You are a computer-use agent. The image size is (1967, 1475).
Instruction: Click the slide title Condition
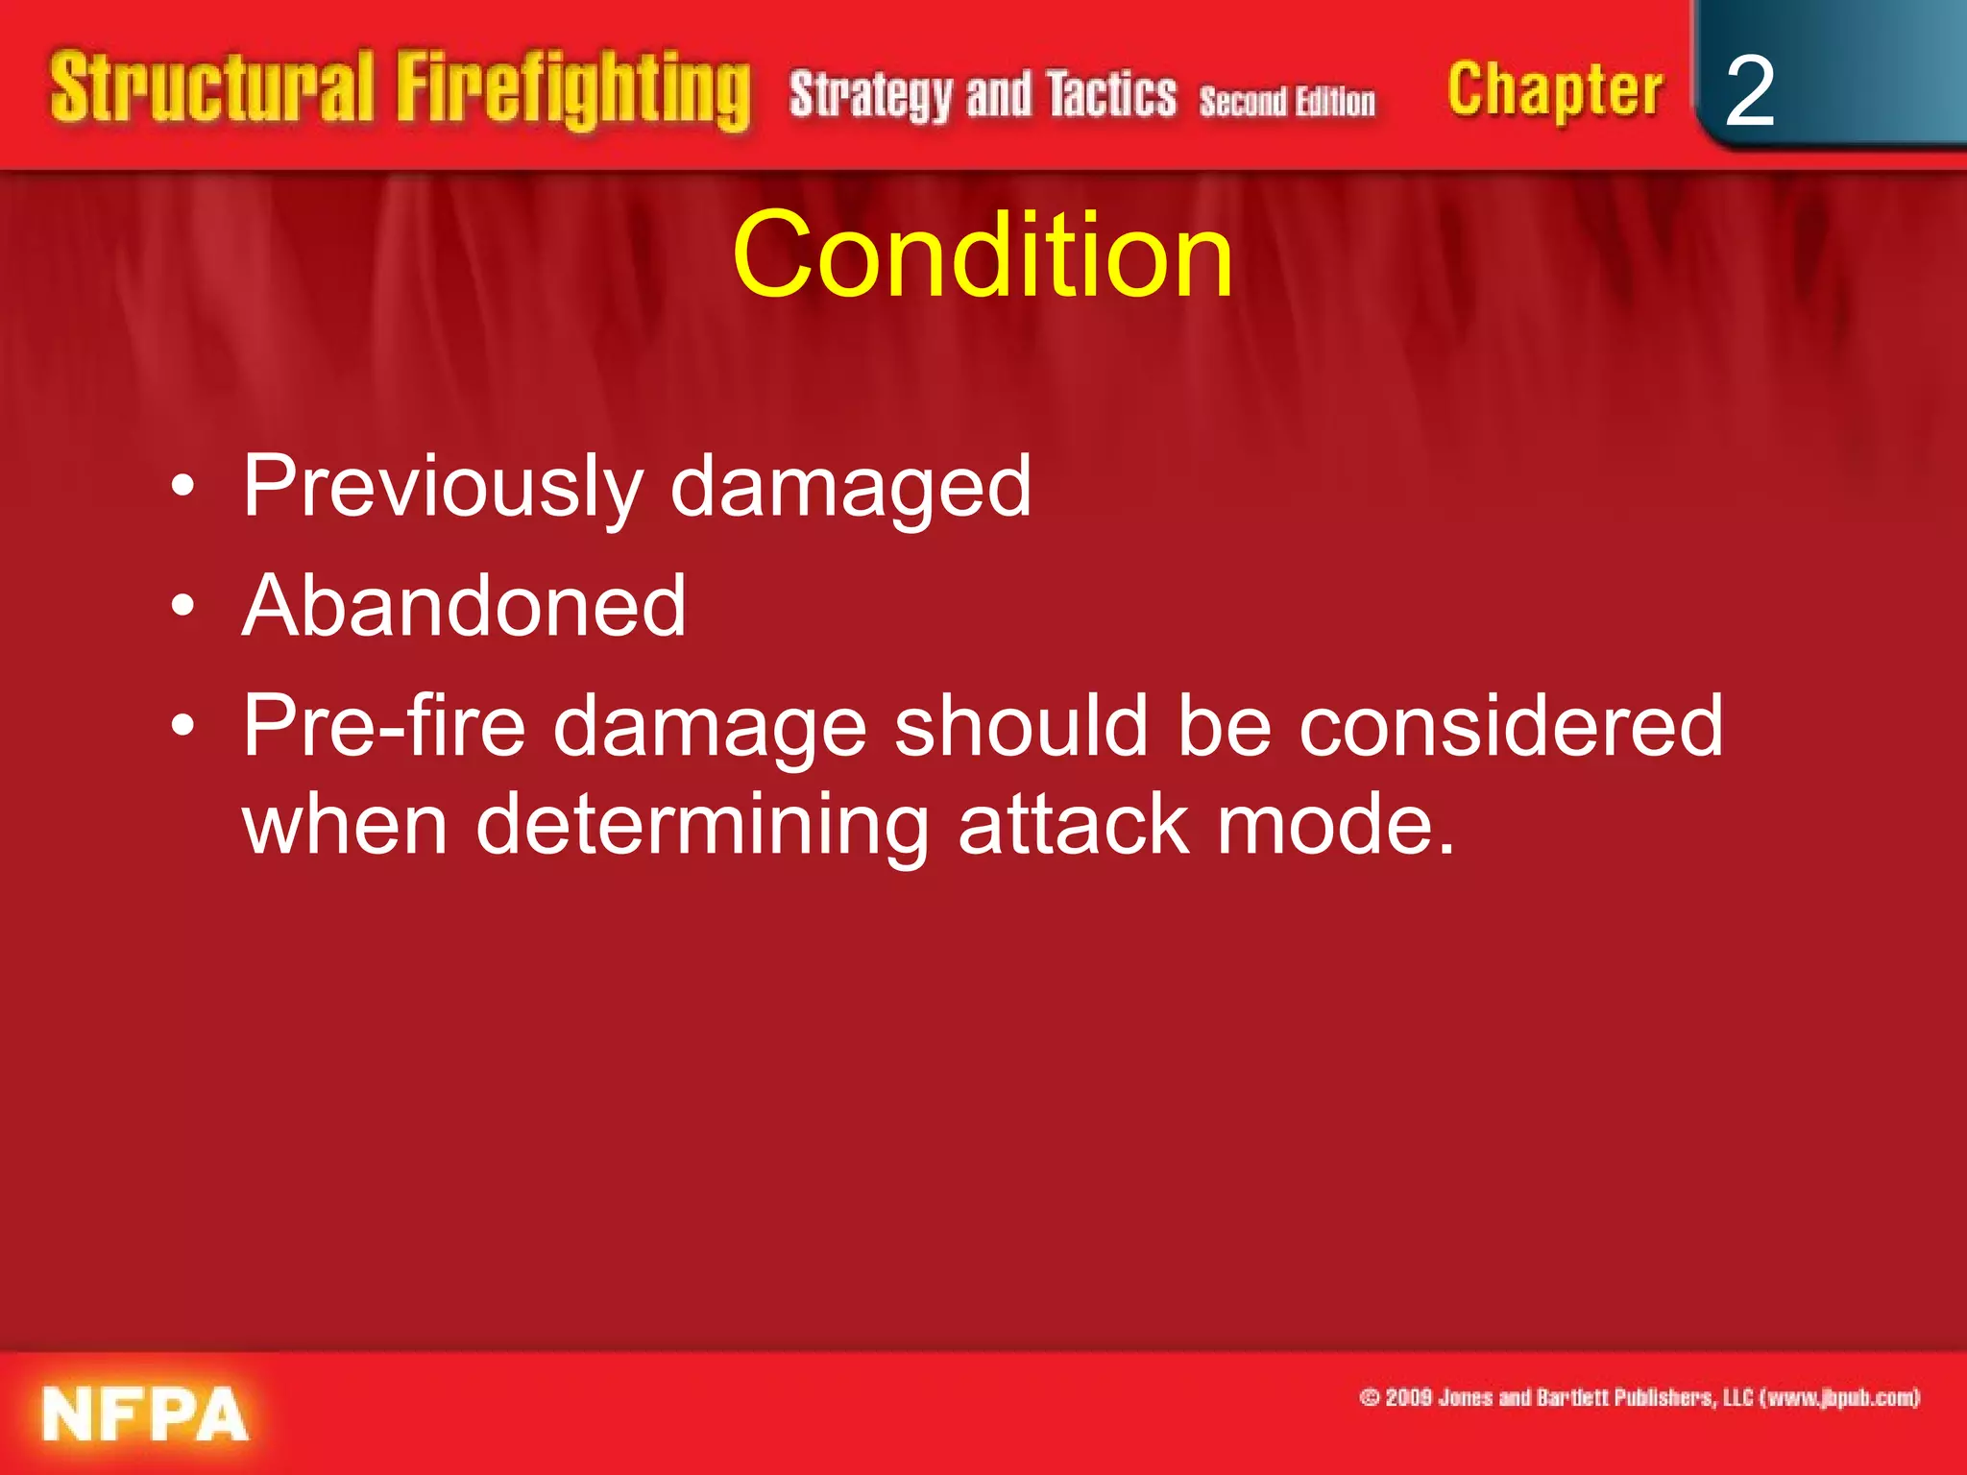982,255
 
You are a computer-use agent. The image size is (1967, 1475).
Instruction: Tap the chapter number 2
1749,91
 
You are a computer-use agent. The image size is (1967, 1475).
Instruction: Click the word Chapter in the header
1554,90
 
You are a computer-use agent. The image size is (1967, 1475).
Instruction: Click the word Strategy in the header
870,95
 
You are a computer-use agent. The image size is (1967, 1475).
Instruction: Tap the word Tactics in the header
1111,95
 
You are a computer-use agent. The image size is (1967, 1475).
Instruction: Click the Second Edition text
1286,101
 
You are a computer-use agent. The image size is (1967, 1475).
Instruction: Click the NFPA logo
145,1414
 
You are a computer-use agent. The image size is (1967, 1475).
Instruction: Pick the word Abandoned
464,606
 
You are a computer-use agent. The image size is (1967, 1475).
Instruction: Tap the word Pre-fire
384,726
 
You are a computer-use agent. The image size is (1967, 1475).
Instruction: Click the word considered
1510,726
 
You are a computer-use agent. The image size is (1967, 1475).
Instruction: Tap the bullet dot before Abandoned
182,607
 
